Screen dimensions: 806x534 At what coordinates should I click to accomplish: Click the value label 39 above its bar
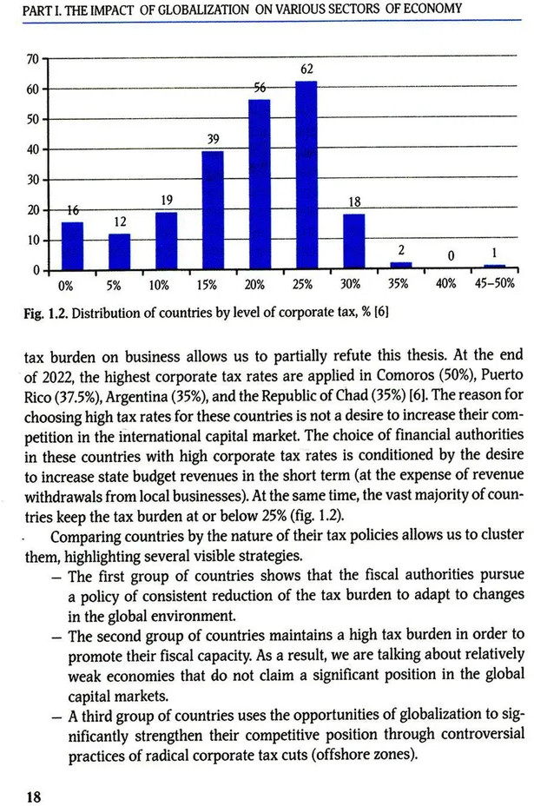click(x=214, y=139)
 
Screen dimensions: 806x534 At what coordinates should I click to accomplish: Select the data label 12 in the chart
click(x=120, y=222)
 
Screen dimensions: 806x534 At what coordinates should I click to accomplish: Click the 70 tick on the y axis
click(x=33, y=59)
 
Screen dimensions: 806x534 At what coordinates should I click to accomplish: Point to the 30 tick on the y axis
click(x=33, y=180)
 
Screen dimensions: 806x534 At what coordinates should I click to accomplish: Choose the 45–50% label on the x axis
click(x=495, y=284)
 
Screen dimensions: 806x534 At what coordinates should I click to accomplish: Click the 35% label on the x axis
click(x=399, y=284)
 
